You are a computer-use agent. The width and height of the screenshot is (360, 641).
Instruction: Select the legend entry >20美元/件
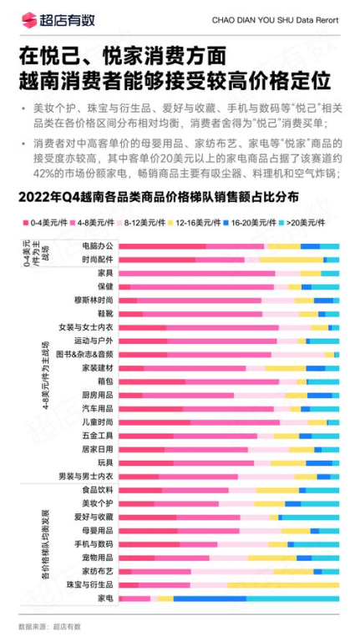(306, 223)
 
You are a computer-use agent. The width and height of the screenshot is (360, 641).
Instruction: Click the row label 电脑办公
(97, 246)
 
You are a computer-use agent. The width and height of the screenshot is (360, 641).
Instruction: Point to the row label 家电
(105, 598)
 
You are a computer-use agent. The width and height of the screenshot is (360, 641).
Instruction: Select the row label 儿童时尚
(97, 422)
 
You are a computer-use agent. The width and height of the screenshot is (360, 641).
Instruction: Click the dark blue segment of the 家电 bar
(210, 598)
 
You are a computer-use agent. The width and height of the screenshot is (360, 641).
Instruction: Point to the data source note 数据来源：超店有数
(50, 626)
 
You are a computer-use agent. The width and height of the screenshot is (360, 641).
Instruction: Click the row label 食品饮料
(97, 490)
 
